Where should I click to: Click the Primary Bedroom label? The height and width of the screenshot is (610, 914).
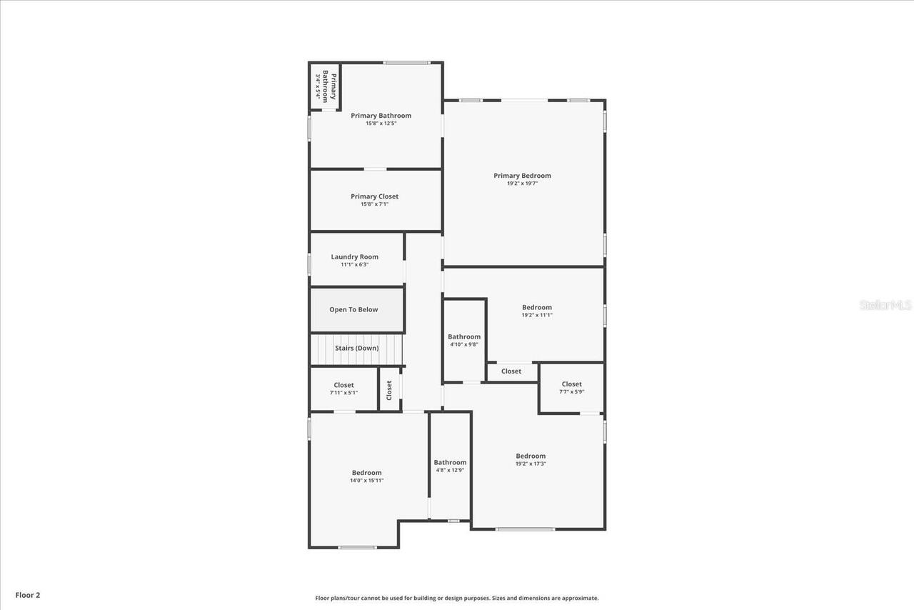pos(522,176)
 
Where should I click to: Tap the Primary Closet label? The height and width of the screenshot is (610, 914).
pos(374,196)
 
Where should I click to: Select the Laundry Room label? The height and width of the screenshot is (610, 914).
pos(354,257)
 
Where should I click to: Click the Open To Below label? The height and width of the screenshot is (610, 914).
pos(353,310)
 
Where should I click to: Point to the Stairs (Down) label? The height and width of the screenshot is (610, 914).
pos(356,349)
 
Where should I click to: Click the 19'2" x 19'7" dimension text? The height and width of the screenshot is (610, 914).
pos(522,184)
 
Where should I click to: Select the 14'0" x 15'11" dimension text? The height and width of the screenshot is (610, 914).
pos(366,481)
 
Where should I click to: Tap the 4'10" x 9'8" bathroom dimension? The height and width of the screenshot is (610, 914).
pos(464,345)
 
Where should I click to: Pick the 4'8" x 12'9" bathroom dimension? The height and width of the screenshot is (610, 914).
pos(450,470)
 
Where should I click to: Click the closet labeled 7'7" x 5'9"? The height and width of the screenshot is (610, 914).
pos(571,388)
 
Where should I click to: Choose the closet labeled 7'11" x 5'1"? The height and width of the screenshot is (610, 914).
pos(343,389)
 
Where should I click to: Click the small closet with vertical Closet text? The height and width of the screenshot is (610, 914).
pos(389,389)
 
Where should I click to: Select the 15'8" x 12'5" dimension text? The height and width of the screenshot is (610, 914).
pos(381,124)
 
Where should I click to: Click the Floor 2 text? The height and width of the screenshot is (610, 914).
pos(28,595)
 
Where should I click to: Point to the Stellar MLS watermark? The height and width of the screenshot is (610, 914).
pos(885,305)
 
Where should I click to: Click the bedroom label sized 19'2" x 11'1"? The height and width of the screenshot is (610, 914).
pos(536,308)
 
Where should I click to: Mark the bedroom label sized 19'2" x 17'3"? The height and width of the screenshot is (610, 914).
pos(531,456)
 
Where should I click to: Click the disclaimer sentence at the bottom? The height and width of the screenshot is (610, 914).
pos(457,599)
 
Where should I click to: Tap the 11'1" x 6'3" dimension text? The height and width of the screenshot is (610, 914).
pos(354,265)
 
